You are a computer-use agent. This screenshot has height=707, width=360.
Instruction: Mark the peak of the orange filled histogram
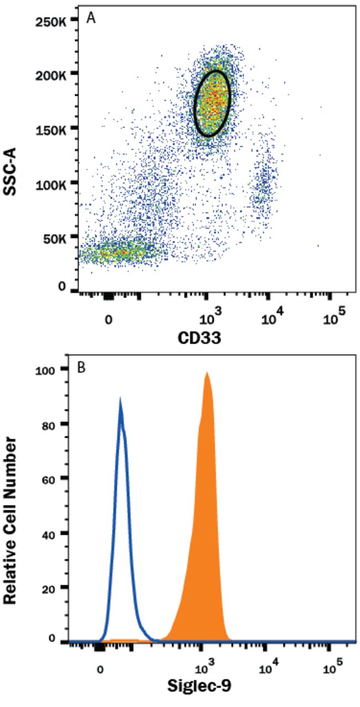207,373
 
